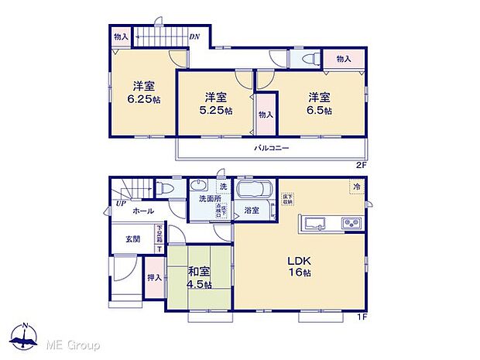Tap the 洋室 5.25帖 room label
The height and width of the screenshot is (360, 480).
tap(216, 104)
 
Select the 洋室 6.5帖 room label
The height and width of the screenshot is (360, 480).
tap(319, 104)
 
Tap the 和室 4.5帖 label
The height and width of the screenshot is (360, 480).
tap(199, 276)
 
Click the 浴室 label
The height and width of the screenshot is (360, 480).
tap(252, 210)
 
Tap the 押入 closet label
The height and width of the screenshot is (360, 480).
tap(154, 277)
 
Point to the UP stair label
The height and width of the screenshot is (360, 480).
tap(122, 204)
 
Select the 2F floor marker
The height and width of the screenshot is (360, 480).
tap(360, 164)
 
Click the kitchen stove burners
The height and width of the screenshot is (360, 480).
tap(351, 225)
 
